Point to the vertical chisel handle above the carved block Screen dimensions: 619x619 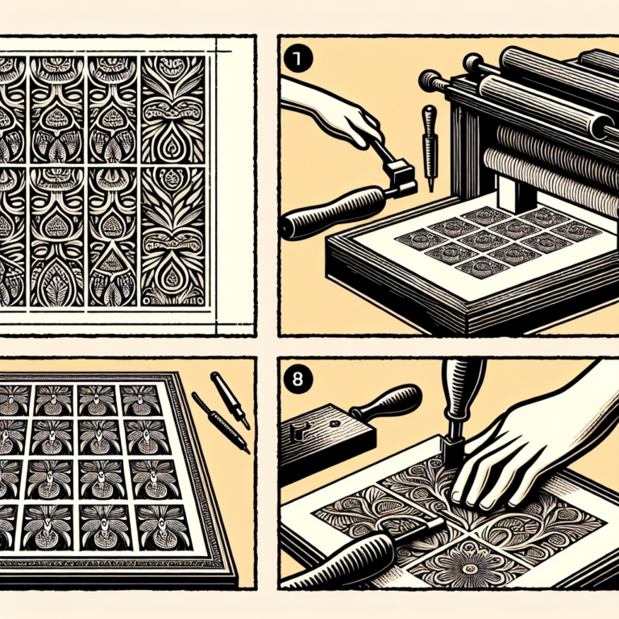463,395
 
